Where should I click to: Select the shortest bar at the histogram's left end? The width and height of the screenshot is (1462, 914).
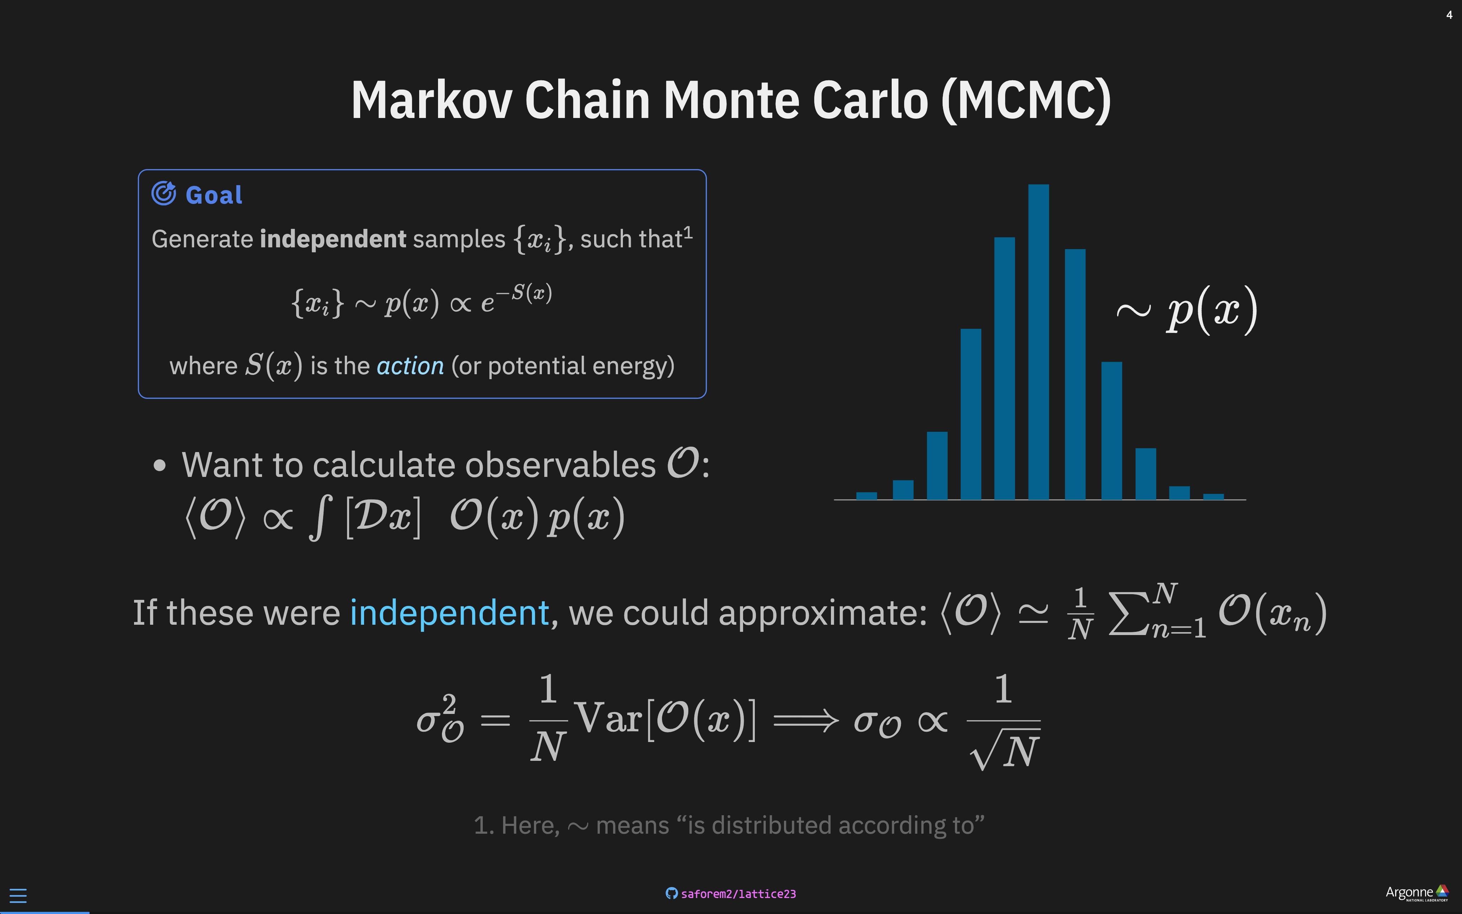coord(866,496)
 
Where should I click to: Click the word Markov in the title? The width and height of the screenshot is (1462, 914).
coord(432,100)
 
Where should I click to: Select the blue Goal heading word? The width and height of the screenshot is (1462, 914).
coord(214,195)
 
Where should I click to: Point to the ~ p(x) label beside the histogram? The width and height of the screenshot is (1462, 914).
coord(1186,310)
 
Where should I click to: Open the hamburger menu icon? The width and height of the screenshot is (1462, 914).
coord(18,895)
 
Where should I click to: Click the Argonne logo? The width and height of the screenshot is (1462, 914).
coord(1416,893)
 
